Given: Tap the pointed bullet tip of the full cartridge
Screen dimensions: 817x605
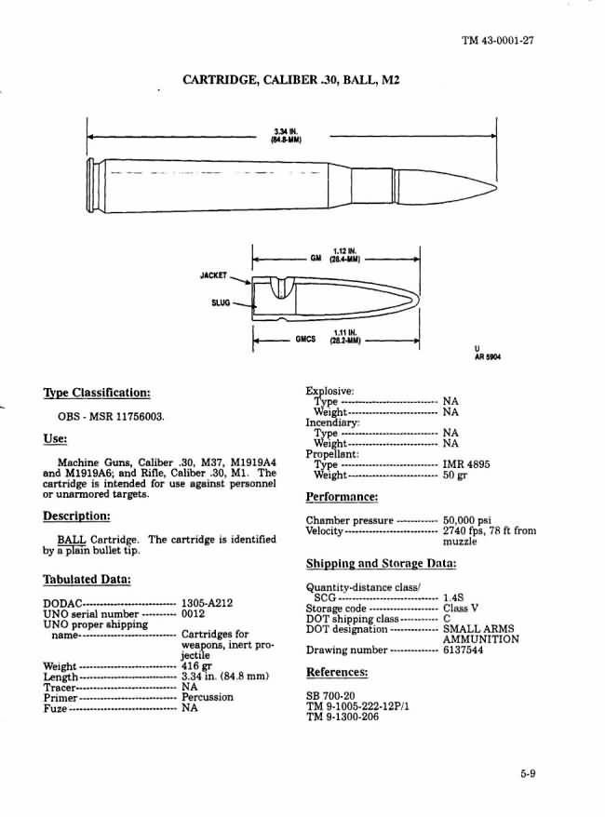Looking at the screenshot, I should [496, 186].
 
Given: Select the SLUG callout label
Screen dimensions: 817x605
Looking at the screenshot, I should [220, 302].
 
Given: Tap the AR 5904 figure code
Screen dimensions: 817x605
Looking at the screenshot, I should [488, 355].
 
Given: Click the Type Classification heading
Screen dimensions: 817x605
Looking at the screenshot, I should [97, 393].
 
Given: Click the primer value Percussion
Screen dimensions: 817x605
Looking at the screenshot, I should [208, 697].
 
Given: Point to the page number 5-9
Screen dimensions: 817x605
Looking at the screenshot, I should [529, 770].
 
